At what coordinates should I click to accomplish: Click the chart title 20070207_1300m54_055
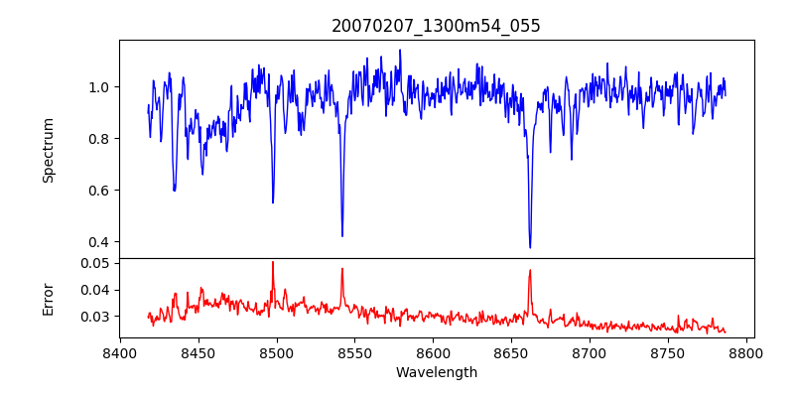point(436,26)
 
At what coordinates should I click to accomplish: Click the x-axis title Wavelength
point(436,373)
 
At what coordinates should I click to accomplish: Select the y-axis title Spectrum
point(48,150)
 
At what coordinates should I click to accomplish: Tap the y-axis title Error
point(48,298)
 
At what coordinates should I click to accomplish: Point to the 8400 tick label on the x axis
point(120,352)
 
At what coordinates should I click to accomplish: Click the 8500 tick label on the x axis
point(277,352)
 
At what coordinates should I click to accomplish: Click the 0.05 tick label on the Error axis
point(95,263)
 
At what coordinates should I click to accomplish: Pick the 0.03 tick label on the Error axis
point(95,317)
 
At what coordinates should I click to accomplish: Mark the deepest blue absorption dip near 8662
point(530,247)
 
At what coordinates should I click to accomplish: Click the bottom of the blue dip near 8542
point(342,235)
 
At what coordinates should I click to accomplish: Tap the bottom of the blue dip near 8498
point(273,202)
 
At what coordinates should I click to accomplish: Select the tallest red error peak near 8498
point(273,262)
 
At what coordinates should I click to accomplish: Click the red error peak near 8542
point(342,268)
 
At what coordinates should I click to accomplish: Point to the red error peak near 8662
point(530,270)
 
